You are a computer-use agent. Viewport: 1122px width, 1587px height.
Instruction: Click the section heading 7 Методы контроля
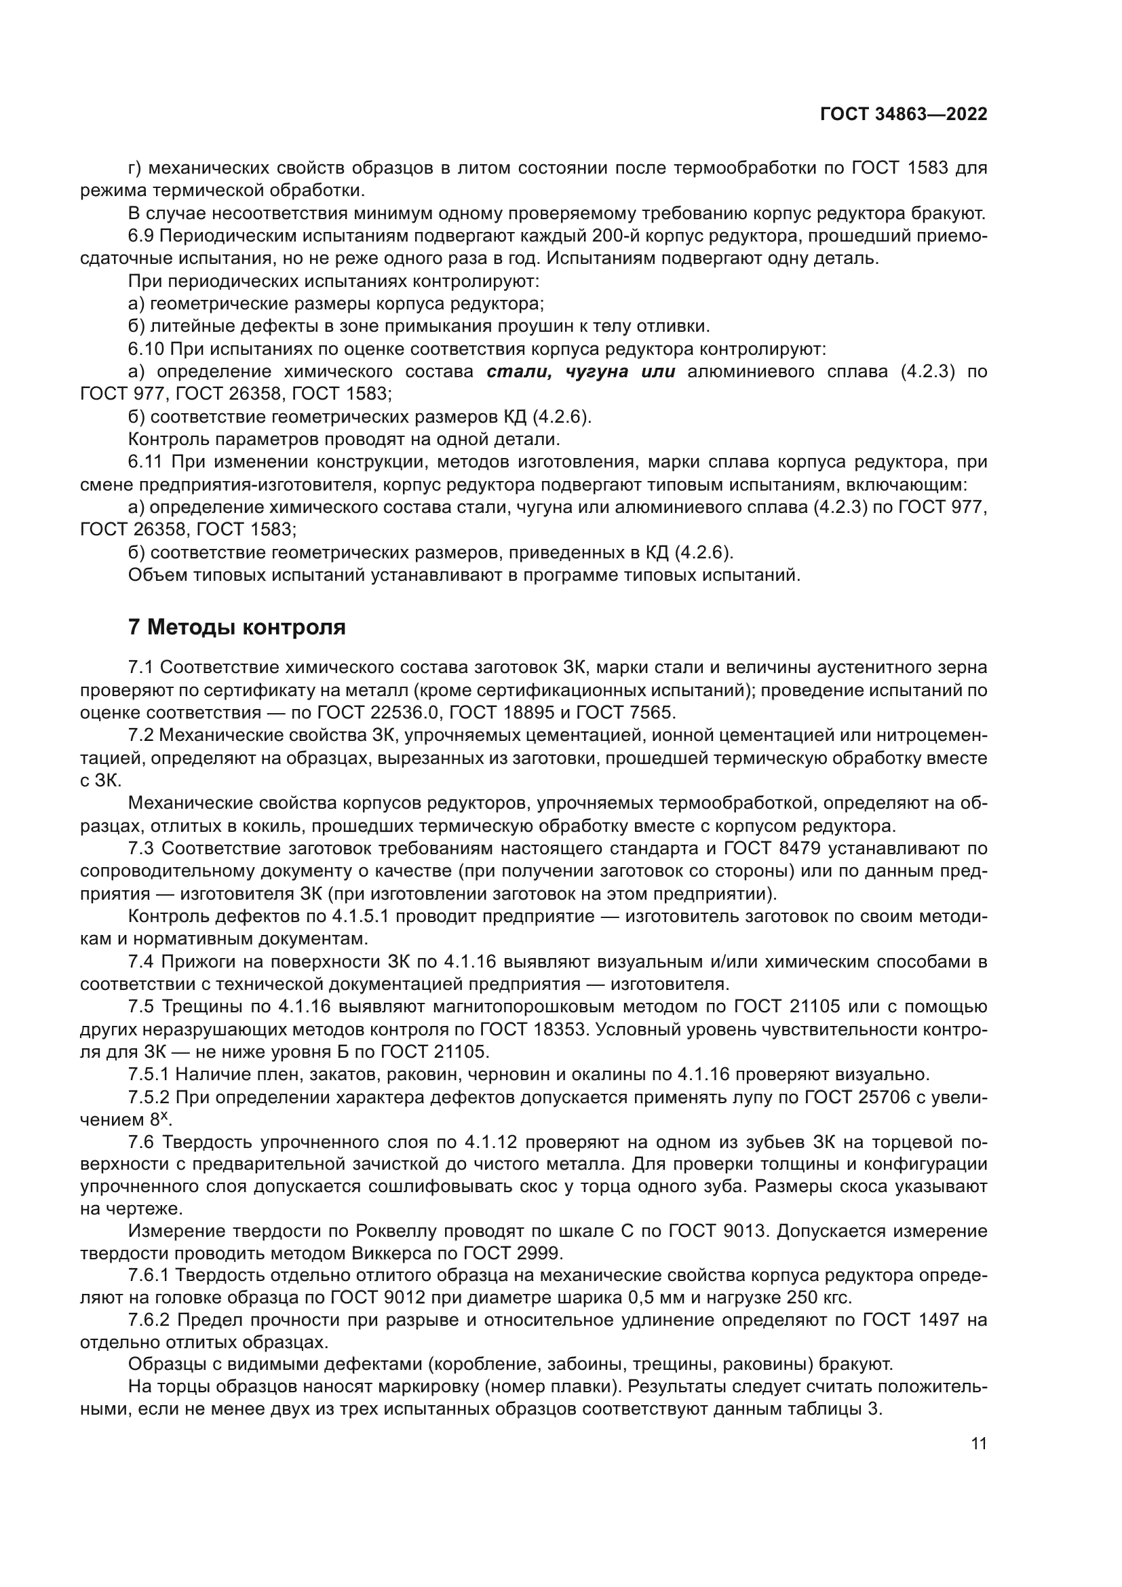point(237,628)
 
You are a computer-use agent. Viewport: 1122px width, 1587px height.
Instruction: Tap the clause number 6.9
point(141,236)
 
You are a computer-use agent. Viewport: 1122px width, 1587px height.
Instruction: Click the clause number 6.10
point(146,349)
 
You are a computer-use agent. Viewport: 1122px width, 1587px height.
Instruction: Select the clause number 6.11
point(145,462)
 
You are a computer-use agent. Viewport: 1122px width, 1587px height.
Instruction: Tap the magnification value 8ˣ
point(159,1120)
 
